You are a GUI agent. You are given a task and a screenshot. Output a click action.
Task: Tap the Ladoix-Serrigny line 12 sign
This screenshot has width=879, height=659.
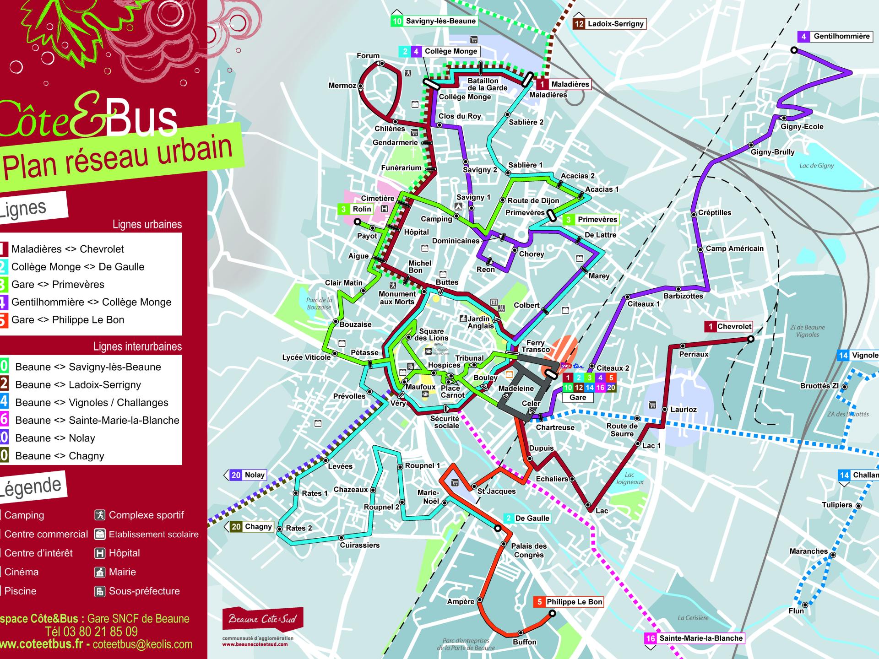[609, 24]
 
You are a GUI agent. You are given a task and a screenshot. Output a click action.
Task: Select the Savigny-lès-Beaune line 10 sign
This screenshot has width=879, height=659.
[434, 21]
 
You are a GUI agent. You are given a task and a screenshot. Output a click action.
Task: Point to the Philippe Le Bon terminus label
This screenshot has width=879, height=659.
[568, 602]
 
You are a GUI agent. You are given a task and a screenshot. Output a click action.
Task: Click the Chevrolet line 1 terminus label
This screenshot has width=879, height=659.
[729, 326]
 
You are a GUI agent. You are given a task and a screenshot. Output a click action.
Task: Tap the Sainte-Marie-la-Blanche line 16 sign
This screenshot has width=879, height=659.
[694, 638]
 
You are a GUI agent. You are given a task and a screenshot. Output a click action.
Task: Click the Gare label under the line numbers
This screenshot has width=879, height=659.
[577, 397]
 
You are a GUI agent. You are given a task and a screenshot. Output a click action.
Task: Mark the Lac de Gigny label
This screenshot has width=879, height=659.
[816, 166]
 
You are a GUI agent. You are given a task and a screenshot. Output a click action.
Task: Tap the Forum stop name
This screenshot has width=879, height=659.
[368, 56]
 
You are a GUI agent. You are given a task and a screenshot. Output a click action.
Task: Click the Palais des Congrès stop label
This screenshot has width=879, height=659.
[528, 550]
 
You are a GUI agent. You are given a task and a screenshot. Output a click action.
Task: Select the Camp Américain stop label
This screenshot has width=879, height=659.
[734, 248]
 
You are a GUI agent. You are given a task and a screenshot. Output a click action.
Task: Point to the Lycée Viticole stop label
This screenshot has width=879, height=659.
[306, 357]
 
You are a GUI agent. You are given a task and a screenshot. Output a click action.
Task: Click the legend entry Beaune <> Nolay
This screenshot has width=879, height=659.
[55, 438]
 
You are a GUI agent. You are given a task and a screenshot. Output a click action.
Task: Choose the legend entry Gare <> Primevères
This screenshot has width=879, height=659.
[58, 284]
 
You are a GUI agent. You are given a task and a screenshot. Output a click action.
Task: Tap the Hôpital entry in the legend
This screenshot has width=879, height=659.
[124, 553]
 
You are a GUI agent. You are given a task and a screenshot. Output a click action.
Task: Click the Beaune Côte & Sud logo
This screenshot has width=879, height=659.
[262, 619]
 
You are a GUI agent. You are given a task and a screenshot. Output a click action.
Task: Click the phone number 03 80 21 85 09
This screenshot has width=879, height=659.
[92, 632]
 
